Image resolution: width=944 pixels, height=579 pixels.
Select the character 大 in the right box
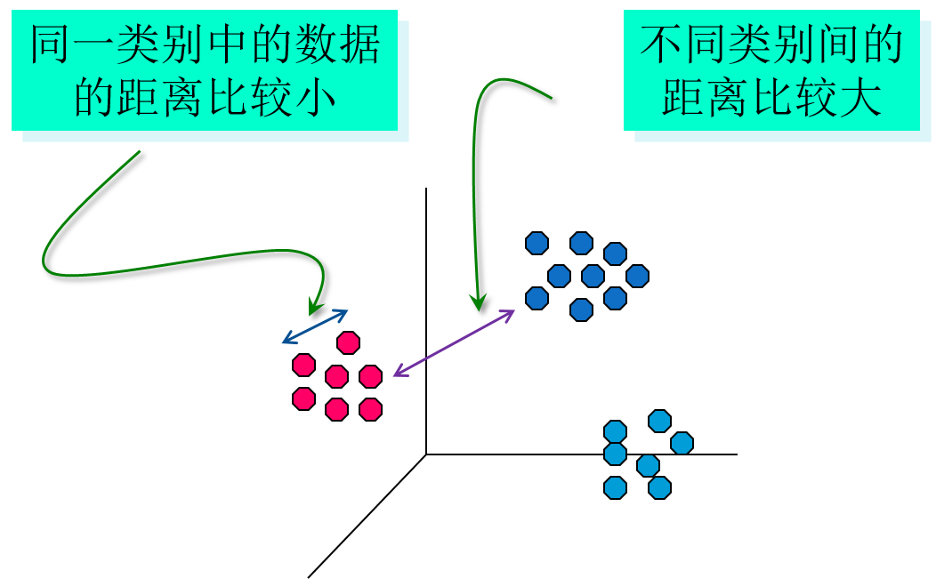(859, 96)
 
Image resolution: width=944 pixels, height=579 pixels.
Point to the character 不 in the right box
(663, 45)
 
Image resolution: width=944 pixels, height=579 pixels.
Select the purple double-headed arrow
(454, 342)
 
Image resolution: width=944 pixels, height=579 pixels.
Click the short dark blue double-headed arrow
(315, 326)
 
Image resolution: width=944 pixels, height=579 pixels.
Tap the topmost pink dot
(348, 342)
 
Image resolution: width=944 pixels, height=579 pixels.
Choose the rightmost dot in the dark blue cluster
(637, 276)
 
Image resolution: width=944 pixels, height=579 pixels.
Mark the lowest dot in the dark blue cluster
(581, 310)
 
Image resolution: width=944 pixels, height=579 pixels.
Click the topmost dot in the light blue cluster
(659, 421)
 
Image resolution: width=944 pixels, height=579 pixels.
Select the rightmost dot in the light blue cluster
(682, 443)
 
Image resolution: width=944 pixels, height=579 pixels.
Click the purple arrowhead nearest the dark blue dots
(508, 313)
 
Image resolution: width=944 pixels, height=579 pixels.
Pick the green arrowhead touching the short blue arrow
(314, 306)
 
